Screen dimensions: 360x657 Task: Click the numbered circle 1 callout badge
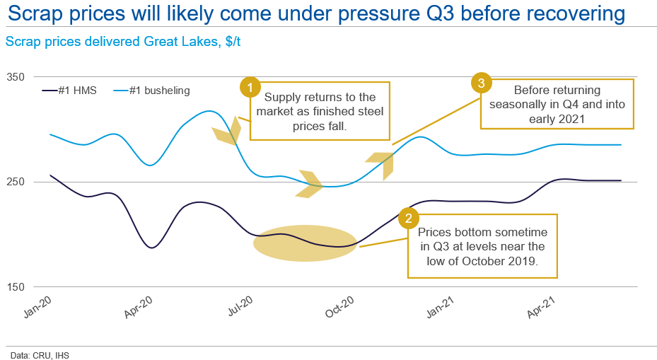pos(249,88)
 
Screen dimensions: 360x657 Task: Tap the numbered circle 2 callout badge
pos(407,218)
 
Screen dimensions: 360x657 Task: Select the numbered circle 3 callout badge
pos(481,83)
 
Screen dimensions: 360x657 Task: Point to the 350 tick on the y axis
pos(15,76)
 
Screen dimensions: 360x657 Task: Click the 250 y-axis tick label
pos(15,182)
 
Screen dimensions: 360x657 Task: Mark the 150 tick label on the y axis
pos(15,287)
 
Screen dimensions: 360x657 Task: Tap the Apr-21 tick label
pos(545,308)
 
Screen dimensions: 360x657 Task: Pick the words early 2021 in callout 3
pos(558,119)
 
